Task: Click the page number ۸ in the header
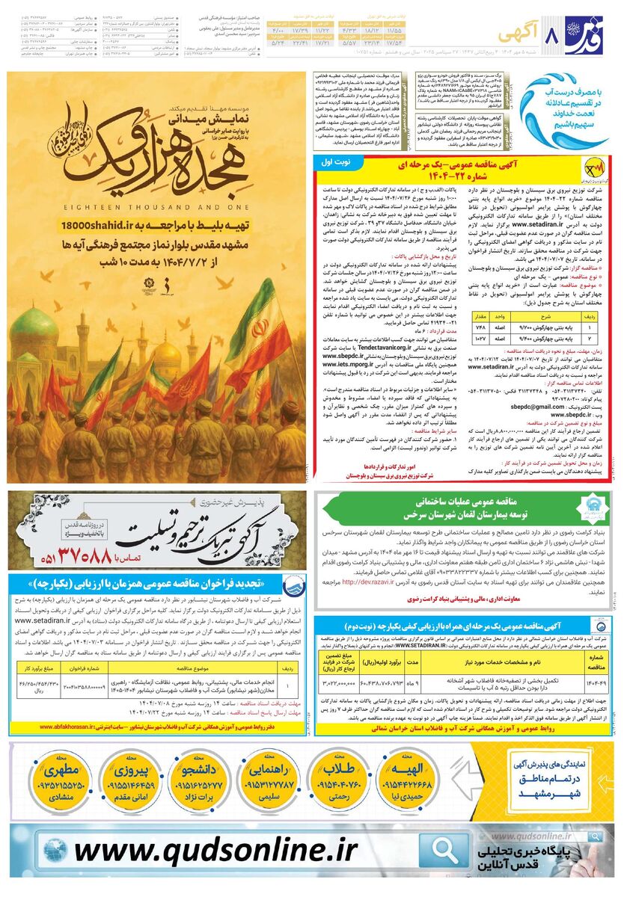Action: click(x=554, y=35)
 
